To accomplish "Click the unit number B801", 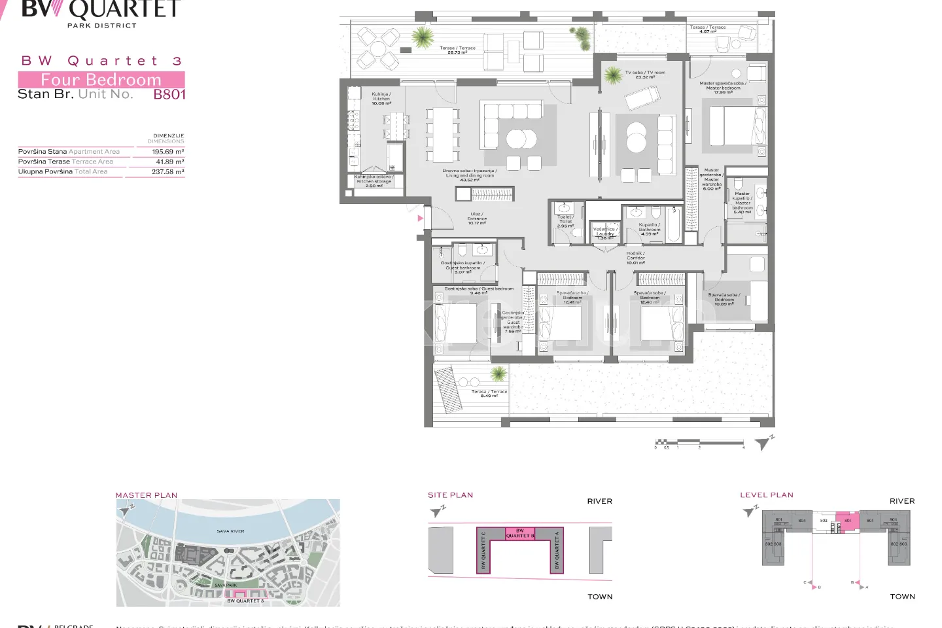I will (x=169, y=94).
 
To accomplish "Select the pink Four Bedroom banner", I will (x=101, y=80).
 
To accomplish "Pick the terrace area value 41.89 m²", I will (x=169, y=162).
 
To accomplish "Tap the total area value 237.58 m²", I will (x=167, y=172).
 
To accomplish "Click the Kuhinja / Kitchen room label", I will (x=381, y=99).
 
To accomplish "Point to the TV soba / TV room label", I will (x=644, y=75).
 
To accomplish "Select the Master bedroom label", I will (x=723, y=88).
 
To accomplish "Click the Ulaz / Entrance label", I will (x=477, y=218).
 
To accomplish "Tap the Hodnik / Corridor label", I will (x=635, y=258).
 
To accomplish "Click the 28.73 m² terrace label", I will (x=457, y=50).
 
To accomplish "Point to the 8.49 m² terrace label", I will (x=489, y=393).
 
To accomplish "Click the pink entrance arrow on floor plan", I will (x=420, y=218).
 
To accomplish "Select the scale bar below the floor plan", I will (x=699, y=443).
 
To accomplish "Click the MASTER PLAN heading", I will (x=147, y=495).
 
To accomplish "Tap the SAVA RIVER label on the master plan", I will (x=230, y=531).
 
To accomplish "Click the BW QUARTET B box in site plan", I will (x=519, y=533).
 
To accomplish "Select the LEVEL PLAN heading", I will (x=766, y=495).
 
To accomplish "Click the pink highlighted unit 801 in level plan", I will (x=848, y=522).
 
